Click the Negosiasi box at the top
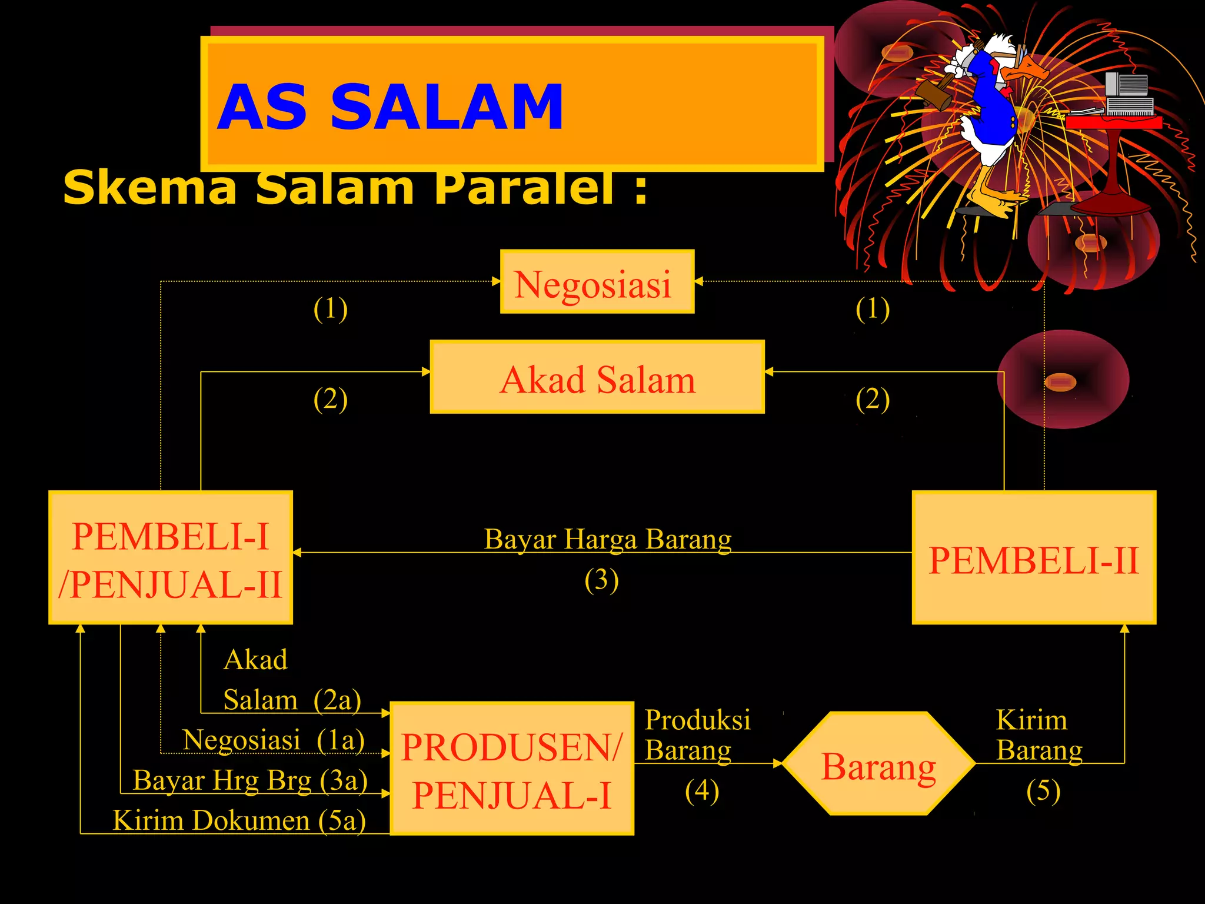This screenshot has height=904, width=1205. (597, 282)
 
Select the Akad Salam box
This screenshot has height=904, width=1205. (597, 377)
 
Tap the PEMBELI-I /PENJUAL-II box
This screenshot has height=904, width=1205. (170, 557)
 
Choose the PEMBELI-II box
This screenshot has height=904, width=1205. (1034, 557)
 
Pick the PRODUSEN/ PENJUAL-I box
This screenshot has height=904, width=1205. (511, 768)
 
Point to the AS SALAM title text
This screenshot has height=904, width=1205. (390, 107)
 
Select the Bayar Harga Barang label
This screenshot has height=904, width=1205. (607, 539)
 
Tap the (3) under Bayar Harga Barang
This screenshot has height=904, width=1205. (601, 580)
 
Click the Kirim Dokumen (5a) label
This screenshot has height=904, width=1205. (239, 820)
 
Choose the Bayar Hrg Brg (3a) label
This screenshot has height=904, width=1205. (250, 780)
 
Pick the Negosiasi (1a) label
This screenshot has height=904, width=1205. (273, 740)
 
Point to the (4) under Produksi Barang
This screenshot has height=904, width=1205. (702, 791)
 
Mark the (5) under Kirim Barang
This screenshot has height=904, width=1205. (1043, 791)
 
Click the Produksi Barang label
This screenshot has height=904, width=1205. (697, 734)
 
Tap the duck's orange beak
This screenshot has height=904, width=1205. (1027, 71)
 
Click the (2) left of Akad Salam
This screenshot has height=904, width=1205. (330, 400)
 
